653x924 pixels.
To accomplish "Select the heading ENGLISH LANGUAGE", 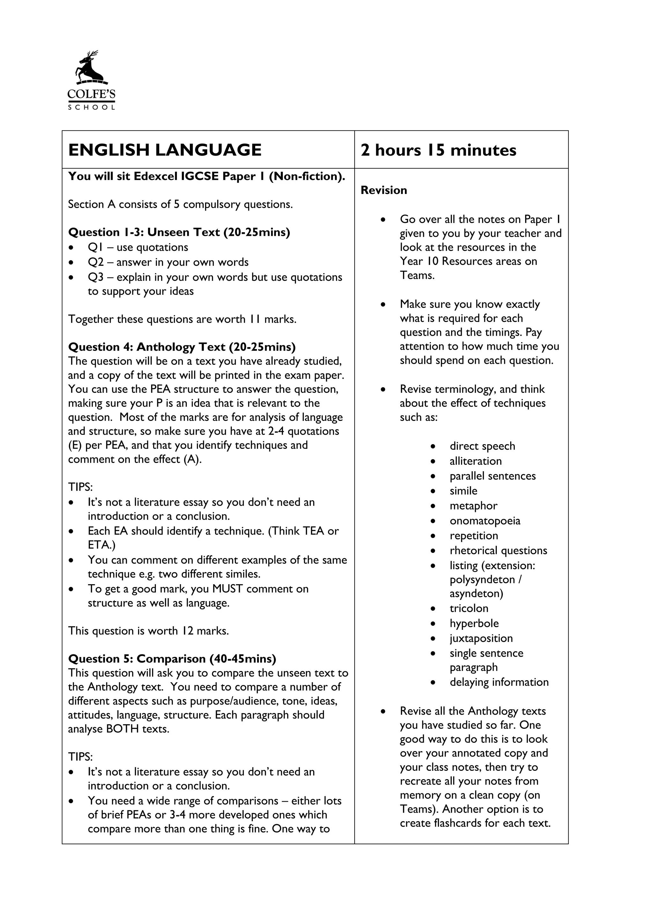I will (x=165, y=150).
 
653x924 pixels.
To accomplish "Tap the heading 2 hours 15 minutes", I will (x=438, y=150).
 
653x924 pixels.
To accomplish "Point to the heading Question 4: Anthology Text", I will (x=182, y=347).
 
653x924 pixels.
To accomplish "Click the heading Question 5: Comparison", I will (x=172, y=659).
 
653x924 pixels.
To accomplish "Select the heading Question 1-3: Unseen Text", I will (x=179, y=232).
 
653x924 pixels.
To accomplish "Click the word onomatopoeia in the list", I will (x=485, y=521).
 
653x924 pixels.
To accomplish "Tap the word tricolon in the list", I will (x=469, y=608).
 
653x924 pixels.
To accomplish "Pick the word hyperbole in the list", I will (x=474, y=623).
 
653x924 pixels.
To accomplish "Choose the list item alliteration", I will (x=476, y=461).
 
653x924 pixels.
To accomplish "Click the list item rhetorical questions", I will (x=498, y=550).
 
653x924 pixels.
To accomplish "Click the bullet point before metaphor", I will (x=433, y=506).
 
